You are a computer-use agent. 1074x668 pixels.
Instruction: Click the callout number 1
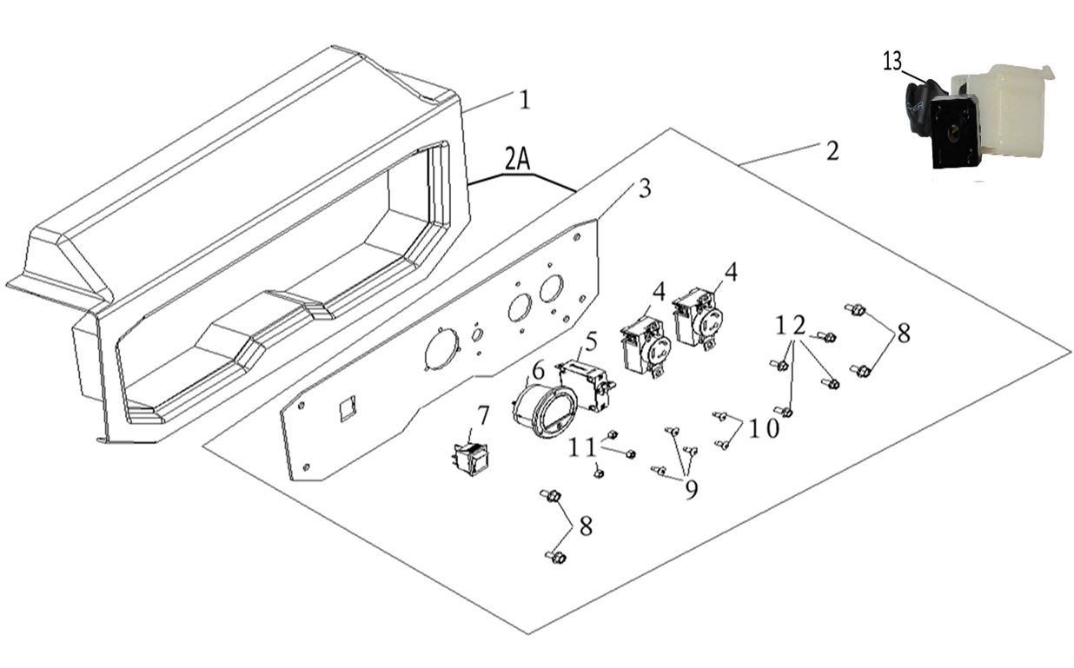click(x=524, y=100)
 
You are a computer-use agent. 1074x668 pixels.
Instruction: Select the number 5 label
click(x=592, y=341)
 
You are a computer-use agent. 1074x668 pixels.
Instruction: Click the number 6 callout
click(x=539, y=370)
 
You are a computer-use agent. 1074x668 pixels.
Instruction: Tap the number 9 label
click(x=691, y=490)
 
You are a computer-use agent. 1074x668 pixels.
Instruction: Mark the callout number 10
click(x=766, y=429)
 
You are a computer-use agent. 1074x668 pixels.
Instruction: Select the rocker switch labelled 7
click(x=470, y=458)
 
